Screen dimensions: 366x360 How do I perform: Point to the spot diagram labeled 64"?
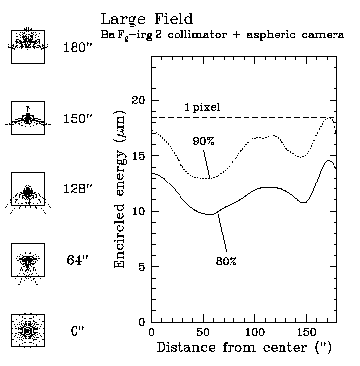pyautogui.click(x=27, y=261)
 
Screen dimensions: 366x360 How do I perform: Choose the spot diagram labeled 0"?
pyautogui.click(x=27, y=332)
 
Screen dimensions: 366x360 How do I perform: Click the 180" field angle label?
pyautogui.click(x=77, y=47)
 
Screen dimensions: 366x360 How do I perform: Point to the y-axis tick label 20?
pyautogui.click(x=137, y=101)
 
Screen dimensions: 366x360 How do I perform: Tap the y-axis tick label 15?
pyautogui.click(x=137, y=156)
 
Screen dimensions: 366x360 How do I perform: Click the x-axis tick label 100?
pyautogui.click(x=254, y=334)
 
